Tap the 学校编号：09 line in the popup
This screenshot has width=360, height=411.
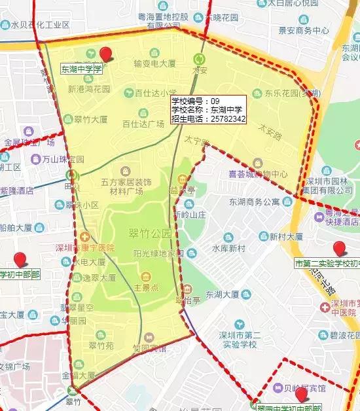pyautogui.click(x=195, y=101)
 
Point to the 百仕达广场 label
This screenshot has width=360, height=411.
pyautogui.click(x=142, y=123)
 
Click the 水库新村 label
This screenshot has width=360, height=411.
pyautogui.click(x=228, y=248)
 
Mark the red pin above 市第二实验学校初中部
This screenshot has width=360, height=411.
pyautogui.click(x=338, y=249)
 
